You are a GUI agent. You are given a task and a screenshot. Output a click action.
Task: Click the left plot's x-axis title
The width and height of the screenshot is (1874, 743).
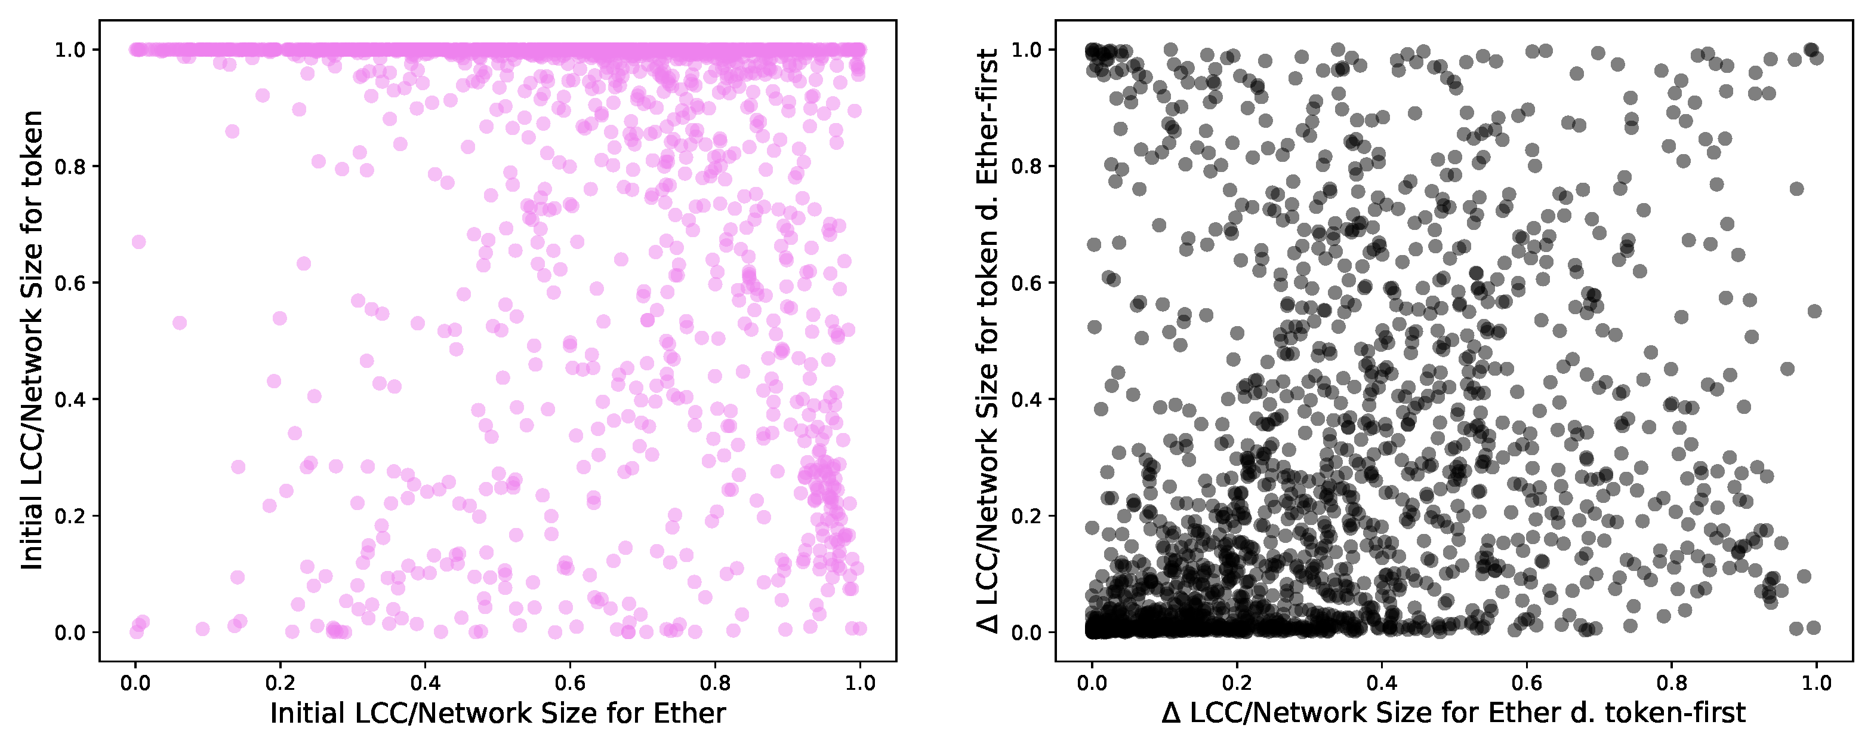click(x=498, y=714)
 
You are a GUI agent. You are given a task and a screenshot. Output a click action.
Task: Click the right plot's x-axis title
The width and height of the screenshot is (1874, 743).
click(x=1453, y=714)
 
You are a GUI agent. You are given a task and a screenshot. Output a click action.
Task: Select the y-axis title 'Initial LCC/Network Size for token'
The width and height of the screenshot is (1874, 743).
click(x=32, y=340)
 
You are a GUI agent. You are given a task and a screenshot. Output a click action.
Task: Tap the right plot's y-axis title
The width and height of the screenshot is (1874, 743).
click(x=988, y=340)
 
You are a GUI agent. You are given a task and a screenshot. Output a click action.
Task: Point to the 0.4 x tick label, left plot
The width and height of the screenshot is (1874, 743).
click(x=425, y=683)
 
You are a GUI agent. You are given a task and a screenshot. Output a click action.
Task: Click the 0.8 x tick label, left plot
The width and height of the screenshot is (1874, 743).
click(x=715, y=683)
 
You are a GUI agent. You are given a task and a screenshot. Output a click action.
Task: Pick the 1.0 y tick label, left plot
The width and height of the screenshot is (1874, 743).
click(x=71, y=50)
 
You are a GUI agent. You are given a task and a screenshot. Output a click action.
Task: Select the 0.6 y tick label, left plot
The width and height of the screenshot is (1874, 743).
click(x=71, y=283)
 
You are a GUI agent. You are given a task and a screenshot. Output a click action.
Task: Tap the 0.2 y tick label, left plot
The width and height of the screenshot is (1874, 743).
click(x=71, y=516)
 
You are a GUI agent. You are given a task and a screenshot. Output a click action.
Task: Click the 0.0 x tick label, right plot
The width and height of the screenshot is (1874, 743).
click(x=1091, y=683)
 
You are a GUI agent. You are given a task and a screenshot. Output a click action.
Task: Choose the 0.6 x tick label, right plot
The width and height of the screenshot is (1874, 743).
click(x=1526, y=683)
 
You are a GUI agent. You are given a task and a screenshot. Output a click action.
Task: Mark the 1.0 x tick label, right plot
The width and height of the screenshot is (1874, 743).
click(x=1817, y=683)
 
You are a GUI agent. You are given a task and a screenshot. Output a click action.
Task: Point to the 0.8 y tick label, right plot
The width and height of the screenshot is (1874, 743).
click(x=1027, y=167)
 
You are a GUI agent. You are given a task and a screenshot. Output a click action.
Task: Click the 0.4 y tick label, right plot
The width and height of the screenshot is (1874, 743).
click(x=1027, y=400)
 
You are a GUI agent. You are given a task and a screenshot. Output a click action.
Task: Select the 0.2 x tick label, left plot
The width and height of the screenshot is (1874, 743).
click(x=280, y=683)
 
